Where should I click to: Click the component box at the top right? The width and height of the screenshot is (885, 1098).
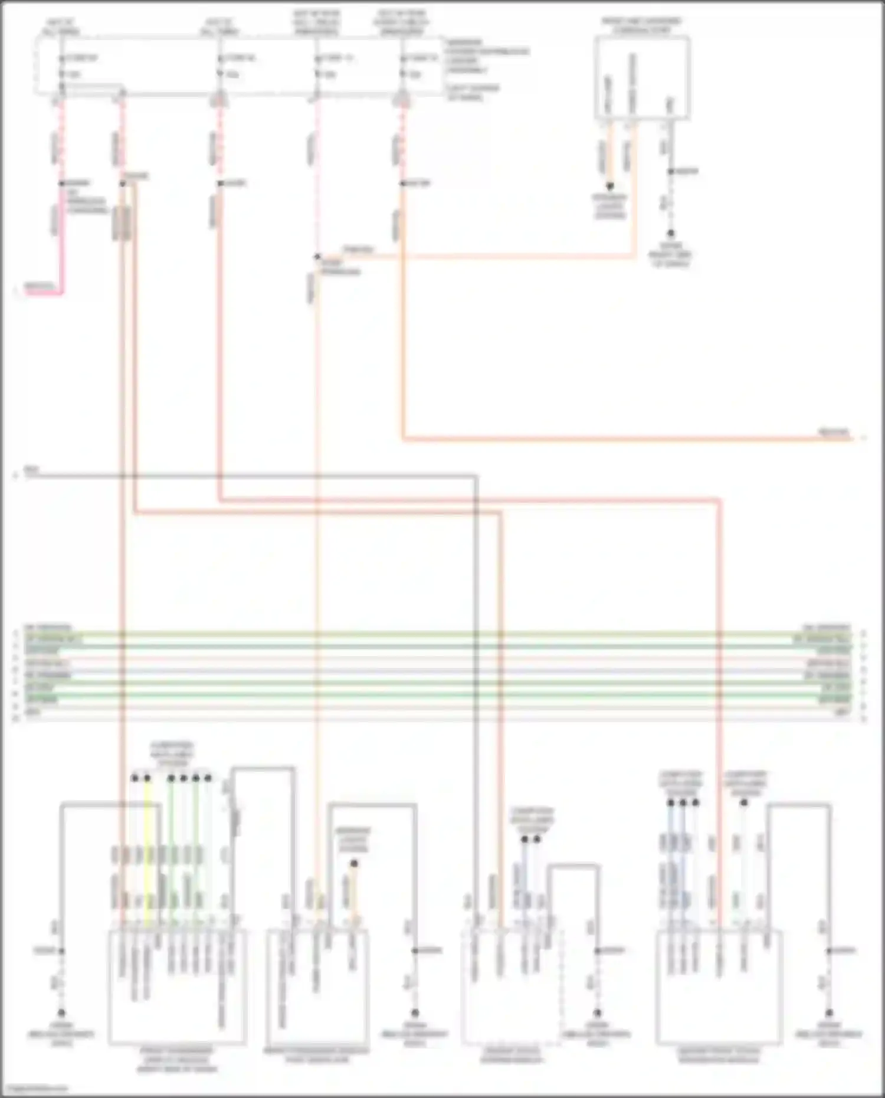(x=642, y=78)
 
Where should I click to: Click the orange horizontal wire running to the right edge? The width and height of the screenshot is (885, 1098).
(x=625, y=439)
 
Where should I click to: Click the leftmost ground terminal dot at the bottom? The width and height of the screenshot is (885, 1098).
(x=61, y=1013)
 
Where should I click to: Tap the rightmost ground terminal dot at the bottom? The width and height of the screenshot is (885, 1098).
(x=829, y=1013)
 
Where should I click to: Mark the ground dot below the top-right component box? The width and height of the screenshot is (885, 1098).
(x=671, y=234)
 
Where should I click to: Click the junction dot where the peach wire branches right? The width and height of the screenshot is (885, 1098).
(x=317, y=257)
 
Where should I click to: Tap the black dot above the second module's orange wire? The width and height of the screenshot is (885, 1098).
(x=354, y=863)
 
